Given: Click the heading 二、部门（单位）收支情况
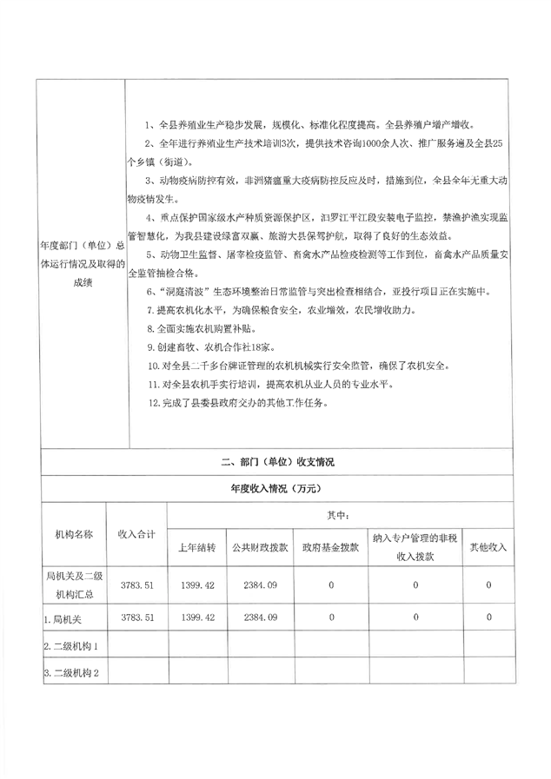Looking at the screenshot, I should coord(277,462).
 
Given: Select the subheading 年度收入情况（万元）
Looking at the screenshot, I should coord(277,489).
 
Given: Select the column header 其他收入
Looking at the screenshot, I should coord(488,548).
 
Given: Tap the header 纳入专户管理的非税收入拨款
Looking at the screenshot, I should coord(415,547).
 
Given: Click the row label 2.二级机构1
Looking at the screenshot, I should coord(76,646).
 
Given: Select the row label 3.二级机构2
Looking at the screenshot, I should coord(76,674).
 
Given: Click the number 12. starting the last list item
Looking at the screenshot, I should coord(155,402).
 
